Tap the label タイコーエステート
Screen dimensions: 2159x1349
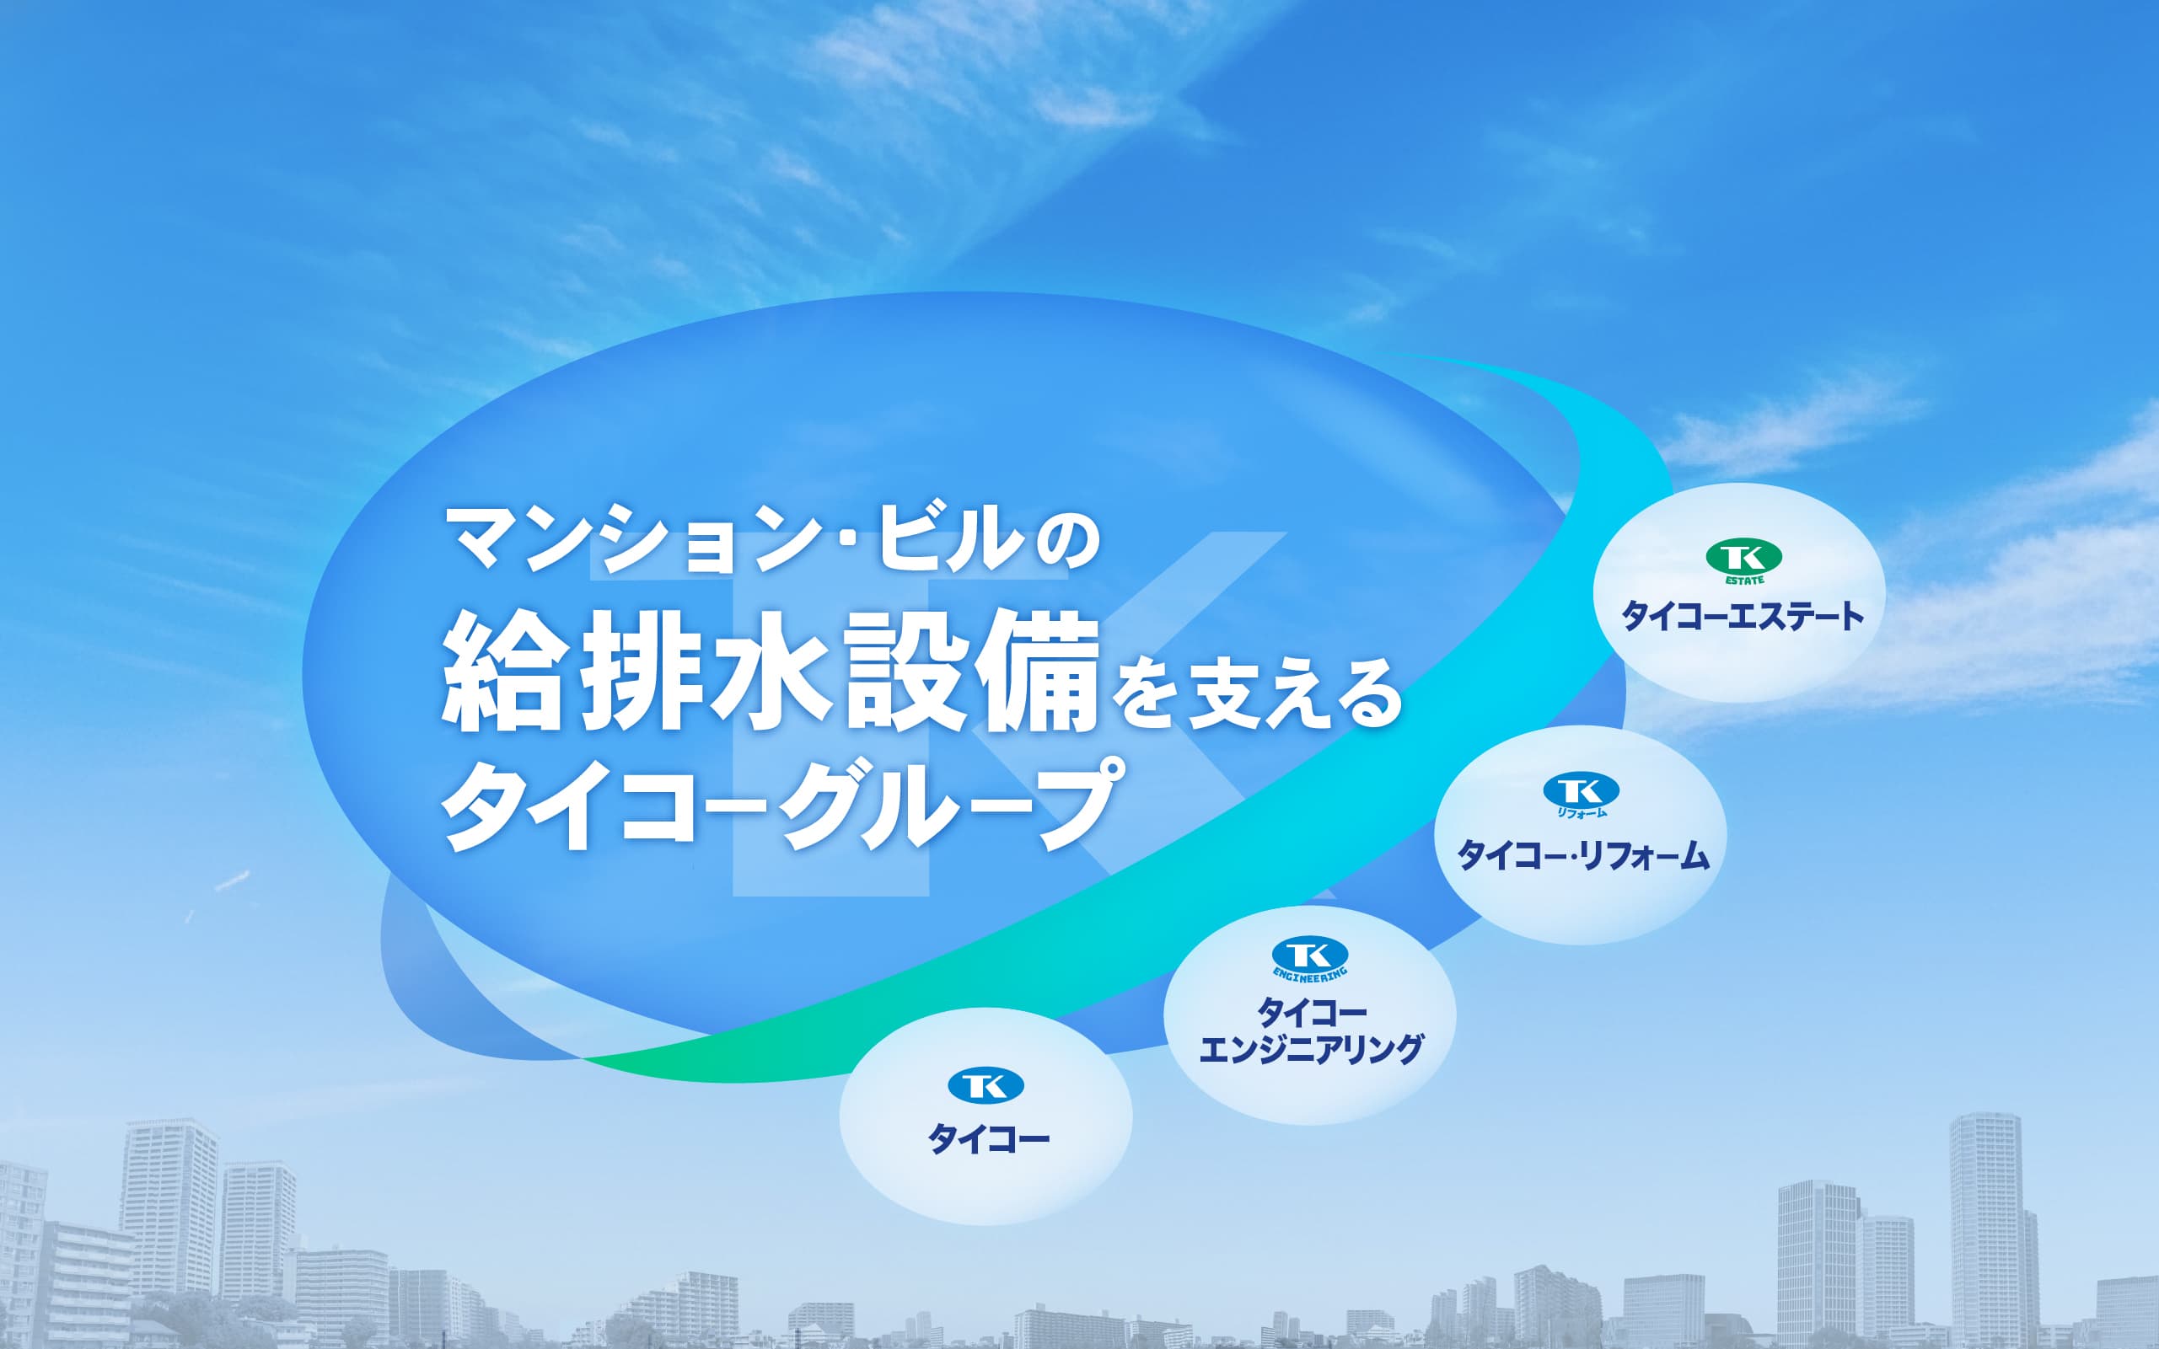[1743, 617]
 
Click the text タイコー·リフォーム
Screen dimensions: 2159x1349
[1582, 854]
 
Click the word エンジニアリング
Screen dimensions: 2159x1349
[1310, 1049]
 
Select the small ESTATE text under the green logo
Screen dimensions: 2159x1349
[1743, 580]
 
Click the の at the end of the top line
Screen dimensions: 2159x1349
[1067, 541]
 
